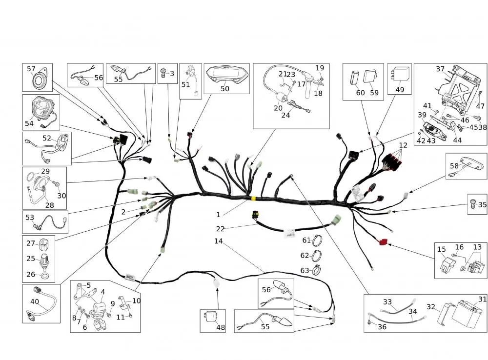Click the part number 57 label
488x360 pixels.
coord(31,69)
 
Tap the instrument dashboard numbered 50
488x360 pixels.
coord(225,76)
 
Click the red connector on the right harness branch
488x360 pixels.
coord(382,241)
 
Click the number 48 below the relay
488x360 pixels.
coord(221,327)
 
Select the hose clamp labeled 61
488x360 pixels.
coord(317,240)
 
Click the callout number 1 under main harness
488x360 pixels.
coord(219,215)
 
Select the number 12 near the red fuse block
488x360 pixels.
coord(403,145)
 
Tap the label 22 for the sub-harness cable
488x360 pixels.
coord(221,228)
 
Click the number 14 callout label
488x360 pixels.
coord(218,241)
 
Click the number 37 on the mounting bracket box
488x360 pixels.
coord(440,69)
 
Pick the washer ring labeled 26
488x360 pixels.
coord(44,276)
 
